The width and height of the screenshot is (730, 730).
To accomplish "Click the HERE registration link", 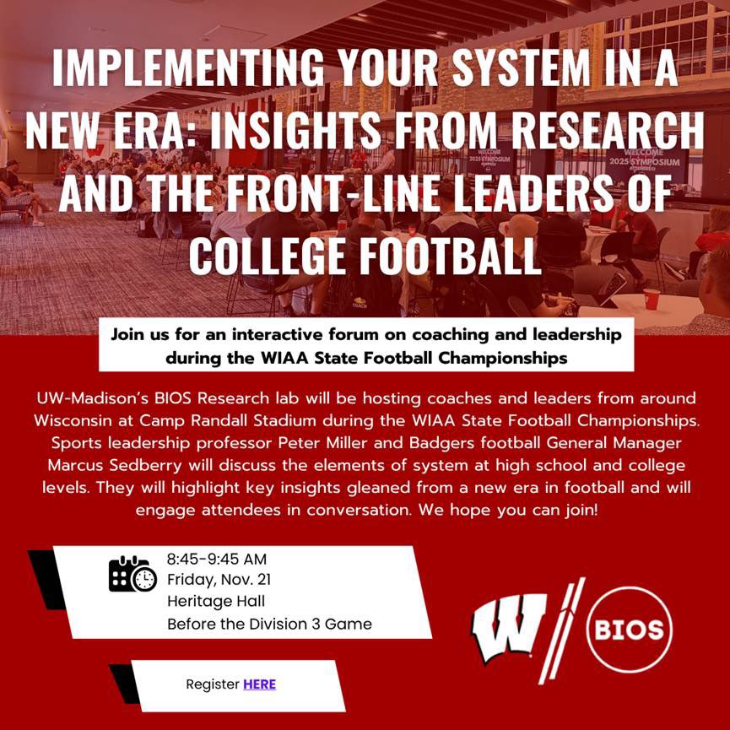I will click(259, 684).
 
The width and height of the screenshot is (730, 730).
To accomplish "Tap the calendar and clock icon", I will click(132, 574).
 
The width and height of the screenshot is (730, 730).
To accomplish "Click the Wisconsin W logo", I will click(509, 629).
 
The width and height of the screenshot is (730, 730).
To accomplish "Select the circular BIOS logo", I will click(628, 629).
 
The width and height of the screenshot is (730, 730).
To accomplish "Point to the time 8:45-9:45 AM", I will click(216, 559).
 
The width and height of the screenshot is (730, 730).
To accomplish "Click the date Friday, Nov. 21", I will click(219, 580).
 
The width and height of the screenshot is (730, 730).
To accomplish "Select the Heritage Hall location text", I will click(216, 602).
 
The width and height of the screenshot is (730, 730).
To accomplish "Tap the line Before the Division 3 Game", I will click(269, 625).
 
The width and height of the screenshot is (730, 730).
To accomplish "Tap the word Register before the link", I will click(213, 684).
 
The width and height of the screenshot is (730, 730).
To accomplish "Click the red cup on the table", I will click(652, 299).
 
